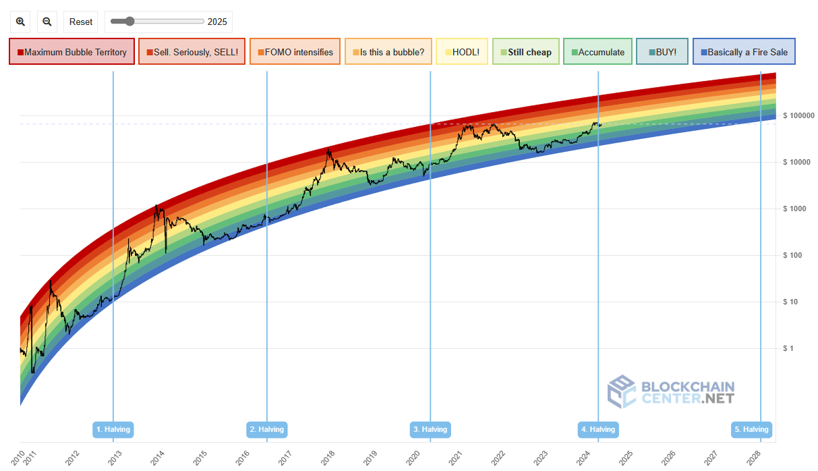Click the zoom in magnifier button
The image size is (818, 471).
tap(21, 22)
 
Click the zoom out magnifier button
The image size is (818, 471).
tap(47, 22)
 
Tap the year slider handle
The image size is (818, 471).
tap(129, 22)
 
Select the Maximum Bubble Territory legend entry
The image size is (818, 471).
tap(72, 52)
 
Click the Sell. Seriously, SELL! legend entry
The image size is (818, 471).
tap(192, 52)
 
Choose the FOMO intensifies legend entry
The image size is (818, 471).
tap(295, 52)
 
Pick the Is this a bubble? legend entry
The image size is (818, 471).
tap(388, 52)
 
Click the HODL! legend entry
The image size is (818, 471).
tap(462, 52)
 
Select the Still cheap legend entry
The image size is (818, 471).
tap(525, 52)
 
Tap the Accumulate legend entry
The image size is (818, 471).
tap(597, 52)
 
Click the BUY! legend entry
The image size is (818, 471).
tap(662, 52)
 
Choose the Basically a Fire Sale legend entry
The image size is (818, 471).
tap(744, 52)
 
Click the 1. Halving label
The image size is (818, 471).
tap(113, 429)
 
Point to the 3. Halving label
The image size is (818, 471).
tap(430, 429)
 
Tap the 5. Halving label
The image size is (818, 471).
tap(751, 429)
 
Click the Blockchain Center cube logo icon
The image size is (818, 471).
tap(621, 392)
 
